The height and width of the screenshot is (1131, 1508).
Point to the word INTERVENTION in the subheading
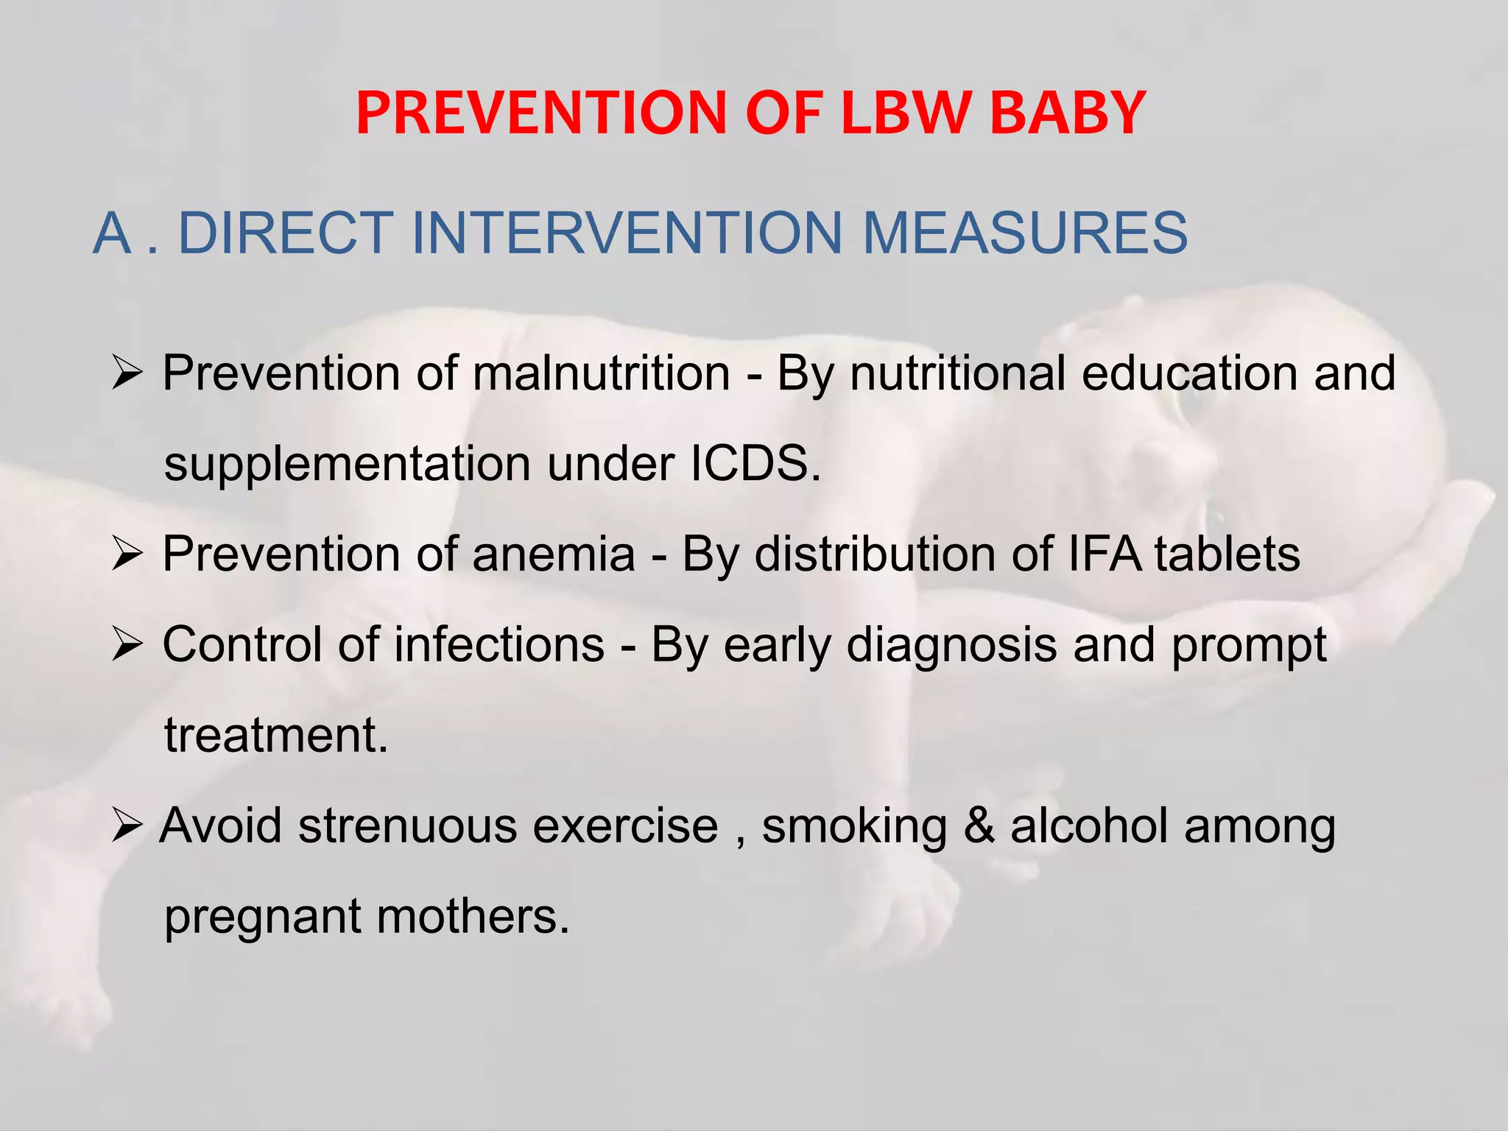point(627,233)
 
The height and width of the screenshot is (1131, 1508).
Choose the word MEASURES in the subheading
point(1024,233)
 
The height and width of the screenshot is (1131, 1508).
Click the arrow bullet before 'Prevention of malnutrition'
point(127,374)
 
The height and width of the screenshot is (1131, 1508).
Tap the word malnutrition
point(601,373)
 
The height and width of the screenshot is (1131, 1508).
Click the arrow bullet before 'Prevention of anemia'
point(127,554)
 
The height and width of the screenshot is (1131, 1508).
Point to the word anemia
point(554,554)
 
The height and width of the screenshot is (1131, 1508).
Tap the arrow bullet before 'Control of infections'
point(127,646)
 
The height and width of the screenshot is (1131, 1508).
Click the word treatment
point(275,735)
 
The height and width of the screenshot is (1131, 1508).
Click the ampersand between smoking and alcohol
point(979,825)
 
